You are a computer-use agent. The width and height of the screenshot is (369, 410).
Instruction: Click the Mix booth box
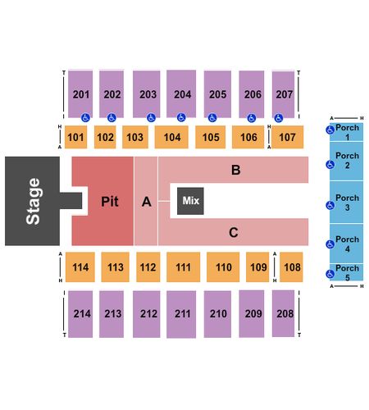click(x=190, y=201)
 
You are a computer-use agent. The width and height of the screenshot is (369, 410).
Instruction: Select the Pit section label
click(x=110, y=202)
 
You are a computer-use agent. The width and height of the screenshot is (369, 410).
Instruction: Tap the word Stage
click(x=33, y=201)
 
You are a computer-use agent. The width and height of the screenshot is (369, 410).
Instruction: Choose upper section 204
click(x=181, y=93)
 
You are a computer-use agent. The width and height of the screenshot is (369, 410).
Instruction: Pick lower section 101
click(x=75, y=137)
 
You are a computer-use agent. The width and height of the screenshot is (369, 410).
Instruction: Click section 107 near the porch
click(x=287, y=137)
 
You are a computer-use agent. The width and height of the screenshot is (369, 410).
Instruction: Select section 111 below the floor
click(x=183, y=267)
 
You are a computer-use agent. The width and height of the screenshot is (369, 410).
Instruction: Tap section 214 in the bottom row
click(x=80, y=314)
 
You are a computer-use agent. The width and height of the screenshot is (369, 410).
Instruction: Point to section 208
click(x=283, y=313)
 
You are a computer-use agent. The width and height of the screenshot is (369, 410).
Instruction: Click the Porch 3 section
click(x=347, y=203)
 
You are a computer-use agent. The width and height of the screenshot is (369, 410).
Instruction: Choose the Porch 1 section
click(x=347, y=132)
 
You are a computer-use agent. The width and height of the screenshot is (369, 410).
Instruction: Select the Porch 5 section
click(x=347, y=272)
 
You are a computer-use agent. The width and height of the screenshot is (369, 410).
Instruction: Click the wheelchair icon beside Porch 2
click(x=330, y=165)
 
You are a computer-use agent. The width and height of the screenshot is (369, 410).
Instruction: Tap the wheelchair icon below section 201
click(x=85, y=118)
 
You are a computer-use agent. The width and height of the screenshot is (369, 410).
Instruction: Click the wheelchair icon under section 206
click(x=252, y=118)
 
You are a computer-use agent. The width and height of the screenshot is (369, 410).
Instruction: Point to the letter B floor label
click(x=236, y=170)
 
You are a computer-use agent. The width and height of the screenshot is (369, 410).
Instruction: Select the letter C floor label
click(x=234, y=233)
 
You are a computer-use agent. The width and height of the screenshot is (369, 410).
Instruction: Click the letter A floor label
click(x=147, y=202)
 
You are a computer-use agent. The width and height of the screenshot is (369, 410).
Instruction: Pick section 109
click(x=257, y=267)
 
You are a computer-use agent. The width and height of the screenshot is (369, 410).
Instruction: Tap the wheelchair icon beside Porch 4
click(x=330, y=244)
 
